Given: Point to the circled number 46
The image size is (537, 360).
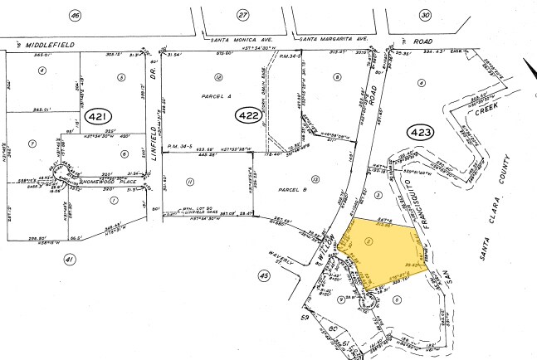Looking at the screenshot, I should tap(76, 15).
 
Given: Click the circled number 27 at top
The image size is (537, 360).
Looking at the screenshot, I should tap(242, 15).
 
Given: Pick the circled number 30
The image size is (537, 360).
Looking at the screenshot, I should tap(425, 15).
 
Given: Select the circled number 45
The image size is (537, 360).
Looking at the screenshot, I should tap(264, 275).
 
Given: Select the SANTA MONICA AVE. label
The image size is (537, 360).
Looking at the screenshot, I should tap(244, 40).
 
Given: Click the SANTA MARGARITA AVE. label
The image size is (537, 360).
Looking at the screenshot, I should tap(333, 40).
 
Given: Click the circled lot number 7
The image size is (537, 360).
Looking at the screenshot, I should tap(32, 143).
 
